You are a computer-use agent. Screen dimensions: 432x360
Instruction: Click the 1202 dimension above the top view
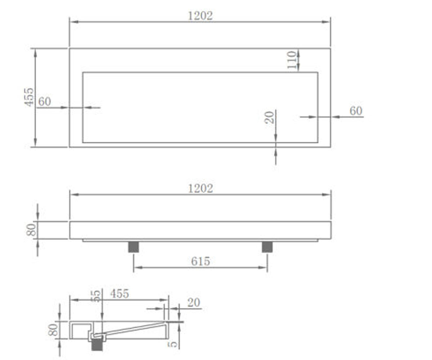tap(200, 16)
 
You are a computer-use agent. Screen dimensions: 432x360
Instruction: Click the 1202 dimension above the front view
tap(200, 189)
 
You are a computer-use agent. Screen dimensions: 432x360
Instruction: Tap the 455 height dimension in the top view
tap(29, 97)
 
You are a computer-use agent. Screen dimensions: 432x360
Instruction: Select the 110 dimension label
tap(292, 60)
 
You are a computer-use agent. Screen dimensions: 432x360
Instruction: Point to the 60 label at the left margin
tap(45, 102)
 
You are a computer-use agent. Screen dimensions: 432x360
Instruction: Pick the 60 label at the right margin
tap(356, 111)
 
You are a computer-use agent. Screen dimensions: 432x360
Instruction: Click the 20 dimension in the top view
tap(269, 117)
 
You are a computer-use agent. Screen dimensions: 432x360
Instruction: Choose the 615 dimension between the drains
tap(200, 261)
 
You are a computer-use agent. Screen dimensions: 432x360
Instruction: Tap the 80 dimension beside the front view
tap(31, 230)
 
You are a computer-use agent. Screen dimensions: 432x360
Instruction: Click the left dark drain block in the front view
tap(134, 247)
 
